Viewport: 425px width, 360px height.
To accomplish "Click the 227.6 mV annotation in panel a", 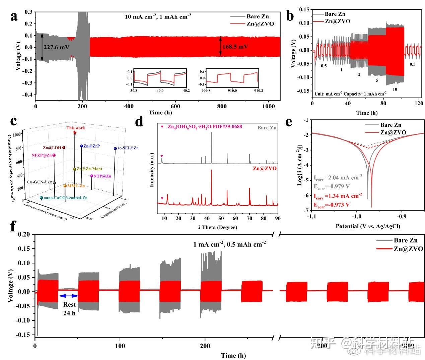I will click(56, 47).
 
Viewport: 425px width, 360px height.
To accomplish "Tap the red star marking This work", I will click(75, 133).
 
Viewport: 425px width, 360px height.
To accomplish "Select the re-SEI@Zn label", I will click(128, 148).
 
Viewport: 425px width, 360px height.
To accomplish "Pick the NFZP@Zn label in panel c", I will click(42, 155).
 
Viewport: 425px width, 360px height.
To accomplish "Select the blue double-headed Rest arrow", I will click(68, 295).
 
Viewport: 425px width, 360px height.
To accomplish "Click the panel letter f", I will click(13, 226).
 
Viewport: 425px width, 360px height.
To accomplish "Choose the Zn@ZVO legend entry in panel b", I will click(337, 21).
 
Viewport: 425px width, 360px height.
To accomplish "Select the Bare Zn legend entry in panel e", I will click(390, 125).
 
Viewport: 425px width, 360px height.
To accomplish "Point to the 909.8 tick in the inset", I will click(206, 91).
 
